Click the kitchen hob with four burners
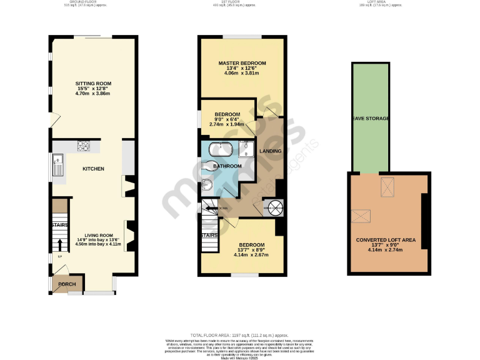(82, 146)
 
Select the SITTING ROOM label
(93, 83)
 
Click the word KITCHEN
(93, 169)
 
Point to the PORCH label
(67, 284)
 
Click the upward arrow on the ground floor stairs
(60, 244)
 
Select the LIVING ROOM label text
(97, 234)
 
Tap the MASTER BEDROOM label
(242, 63)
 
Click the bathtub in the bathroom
(221, 150)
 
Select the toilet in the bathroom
(211, 166)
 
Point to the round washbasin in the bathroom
(207, 183)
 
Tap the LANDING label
(271, 151)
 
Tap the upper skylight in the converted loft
(387, 186)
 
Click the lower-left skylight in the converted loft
(361, 216)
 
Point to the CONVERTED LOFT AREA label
(386, 240)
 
